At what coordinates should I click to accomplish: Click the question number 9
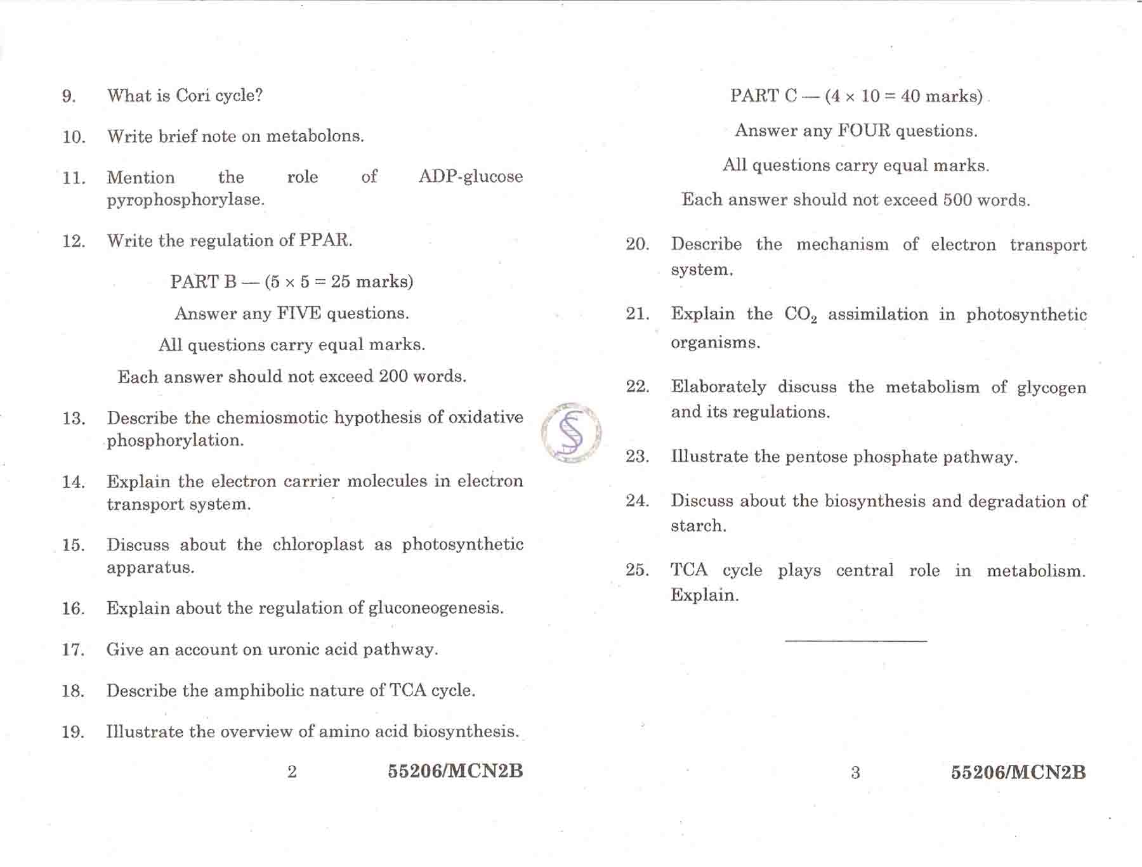(69, 96)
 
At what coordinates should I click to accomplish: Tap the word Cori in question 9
(193, 95)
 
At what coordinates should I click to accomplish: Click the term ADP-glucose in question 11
(470, 176)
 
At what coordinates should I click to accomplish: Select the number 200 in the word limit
(393, 376)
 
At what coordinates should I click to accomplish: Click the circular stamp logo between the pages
(571, 433)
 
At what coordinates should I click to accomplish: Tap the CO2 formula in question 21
(800, 315)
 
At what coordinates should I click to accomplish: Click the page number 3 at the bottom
(855, 772)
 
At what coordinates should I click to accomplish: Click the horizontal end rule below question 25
(856, 641)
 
